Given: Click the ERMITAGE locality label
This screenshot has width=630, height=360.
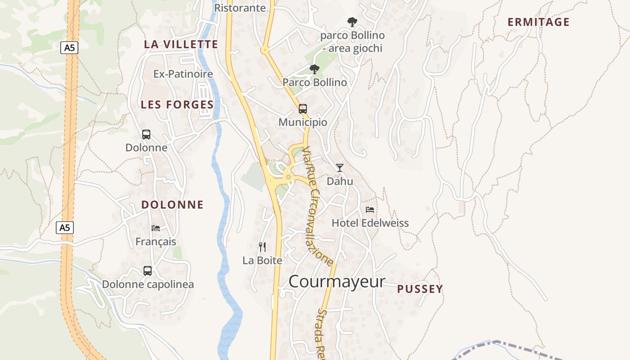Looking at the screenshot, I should point(538,22).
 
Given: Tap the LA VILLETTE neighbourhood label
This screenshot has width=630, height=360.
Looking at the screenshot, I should point(181,44).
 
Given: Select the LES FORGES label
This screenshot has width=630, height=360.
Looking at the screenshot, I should point(177,104).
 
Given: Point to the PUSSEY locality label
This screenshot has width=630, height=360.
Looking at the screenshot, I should point(420,289).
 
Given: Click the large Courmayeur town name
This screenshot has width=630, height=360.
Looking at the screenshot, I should point(337,282).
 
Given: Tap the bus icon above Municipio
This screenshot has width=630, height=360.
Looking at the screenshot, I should point(303,108).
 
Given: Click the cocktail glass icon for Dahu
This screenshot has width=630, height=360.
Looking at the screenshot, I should point(340,168).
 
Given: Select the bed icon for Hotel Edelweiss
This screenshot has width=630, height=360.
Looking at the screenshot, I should point(370,209).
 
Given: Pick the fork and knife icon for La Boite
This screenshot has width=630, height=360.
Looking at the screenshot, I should point(262,247).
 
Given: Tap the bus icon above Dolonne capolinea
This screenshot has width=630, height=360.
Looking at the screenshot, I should point(148,270).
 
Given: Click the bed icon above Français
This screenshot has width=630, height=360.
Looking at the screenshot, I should point(156,228).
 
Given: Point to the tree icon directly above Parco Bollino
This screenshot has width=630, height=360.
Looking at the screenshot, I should point(315,69).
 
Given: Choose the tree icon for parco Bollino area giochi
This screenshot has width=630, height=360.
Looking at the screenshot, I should point(352,21).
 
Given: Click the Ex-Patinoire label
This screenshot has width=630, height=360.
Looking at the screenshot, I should point(183,74).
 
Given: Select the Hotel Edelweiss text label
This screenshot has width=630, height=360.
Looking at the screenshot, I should point(370,223).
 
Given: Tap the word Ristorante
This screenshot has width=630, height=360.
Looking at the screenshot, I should point(240,8).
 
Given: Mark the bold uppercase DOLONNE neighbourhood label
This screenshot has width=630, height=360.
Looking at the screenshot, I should point(172,205).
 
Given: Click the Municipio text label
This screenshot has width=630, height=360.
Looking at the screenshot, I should point(303,122).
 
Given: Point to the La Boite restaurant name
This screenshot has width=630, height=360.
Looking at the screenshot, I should point(262,260).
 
